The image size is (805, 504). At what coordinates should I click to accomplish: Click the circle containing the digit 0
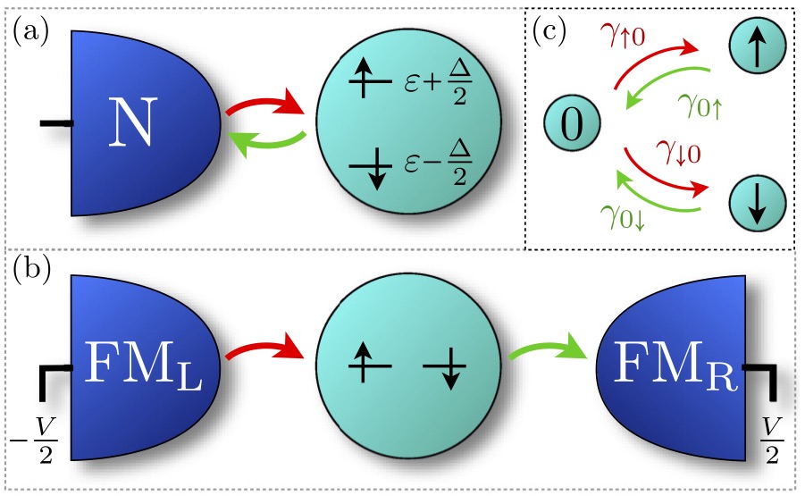572,126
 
